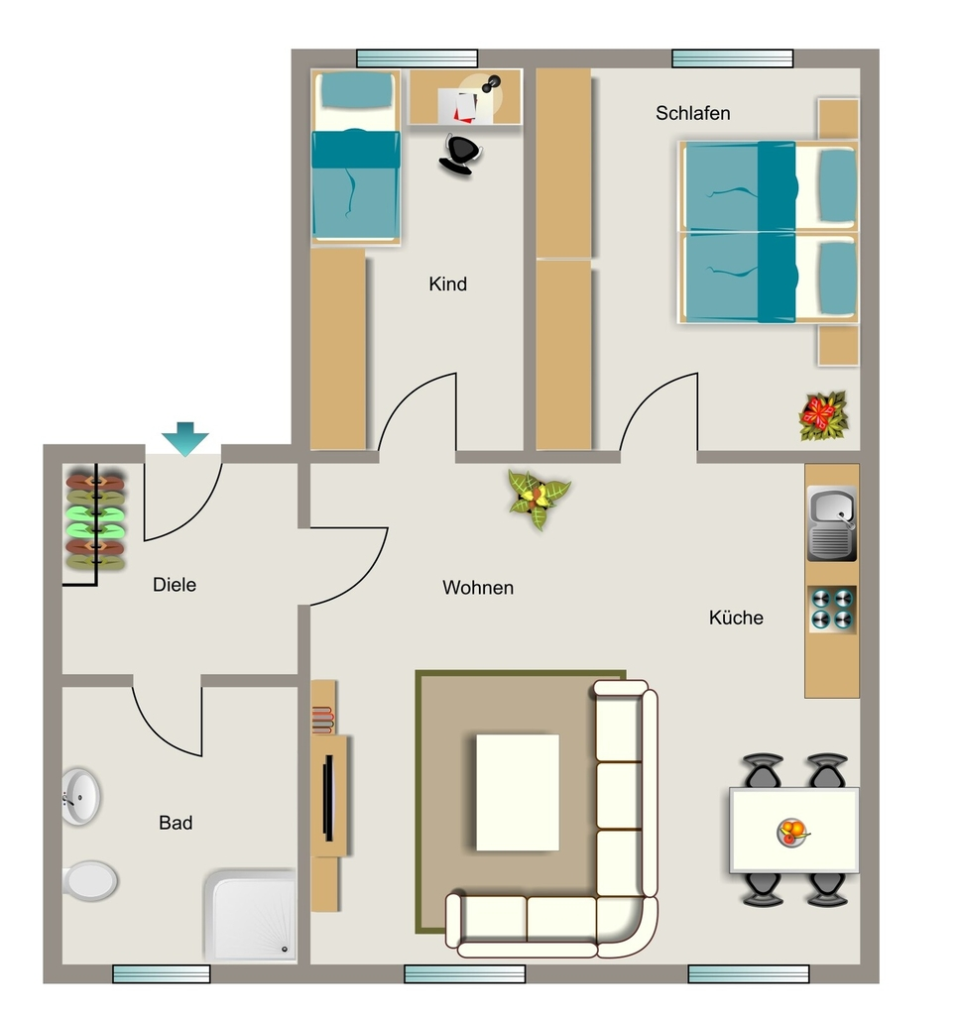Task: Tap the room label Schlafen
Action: [x=693, y=113]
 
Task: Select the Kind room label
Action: [x=447, y=283]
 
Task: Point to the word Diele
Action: [x=175, y=585]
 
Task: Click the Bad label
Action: [x=176, y=823]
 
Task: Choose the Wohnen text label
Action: [x=478, y=588]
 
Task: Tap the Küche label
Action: [x=736, y=618]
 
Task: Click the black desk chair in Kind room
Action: [x=460, y=155]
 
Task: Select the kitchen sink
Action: [x=832, y=523]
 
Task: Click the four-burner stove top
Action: [x=832, y=610]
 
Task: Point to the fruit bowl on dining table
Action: [x=792, y=832]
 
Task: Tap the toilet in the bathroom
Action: [x=90, y=880]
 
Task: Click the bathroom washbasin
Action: [x=80, y=796]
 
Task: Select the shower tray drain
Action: [x=285, y=949]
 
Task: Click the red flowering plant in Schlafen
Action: [x=823, y=415]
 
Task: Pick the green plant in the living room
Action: [x=539, y=500]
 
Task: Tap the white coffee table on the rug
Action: [x=518, y=792]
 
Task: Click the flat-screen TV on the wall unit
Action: [x=328, y=798]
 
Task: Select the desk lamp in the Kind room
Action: [x=490, y=84]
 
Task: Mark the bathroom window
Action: [x=162, y=973]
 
